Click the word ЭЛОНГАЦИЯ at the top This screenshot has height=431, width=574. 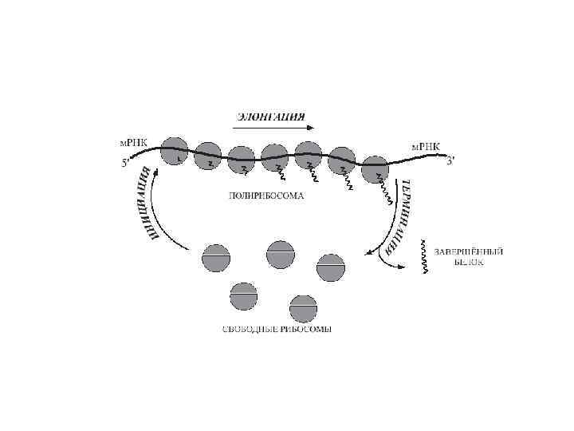click(270, 116)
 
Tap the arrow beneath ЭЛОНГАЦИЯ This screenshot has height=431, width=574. click(275, 128)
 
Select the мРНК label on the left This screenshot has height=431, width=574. click(132, 144)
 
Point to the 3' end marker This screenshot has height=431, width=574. click(450, 162)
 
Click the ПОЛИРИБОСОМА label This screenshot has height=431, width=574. click(266, 196)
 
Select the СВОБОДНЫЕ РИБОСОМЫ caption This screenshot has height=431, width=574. click(277, 330)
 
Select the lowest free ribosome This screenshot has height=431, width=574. click(303, 309)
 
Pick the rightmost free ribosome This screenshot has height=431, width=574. click(331, 267)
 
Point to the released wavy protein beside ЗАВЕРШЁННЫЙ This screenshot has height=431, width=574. click(424, 256)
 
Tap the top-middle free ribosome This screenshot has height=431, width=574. click(281, 253)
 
